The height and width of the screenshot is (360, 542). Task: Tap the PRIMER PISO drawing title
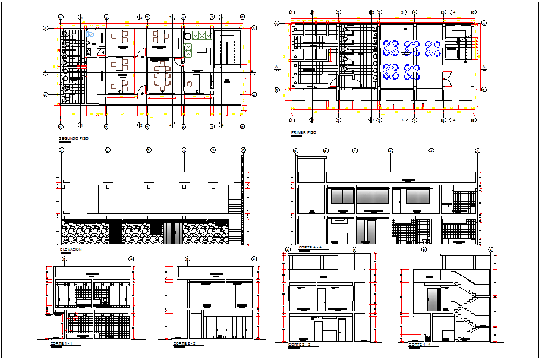click(302, 132)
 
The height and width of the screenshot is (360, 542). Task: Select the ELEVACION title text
click(71, 250)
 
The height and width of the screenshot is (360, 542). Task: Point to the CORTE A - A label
click(310, 247)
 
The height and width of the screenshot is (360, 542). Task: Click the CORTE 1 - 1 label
click(59, 343)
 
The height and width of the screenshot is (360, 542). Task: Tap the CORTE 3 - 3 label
click(300, 345)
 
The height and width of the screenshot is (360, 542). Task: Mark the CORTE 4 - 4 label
click(420, 345)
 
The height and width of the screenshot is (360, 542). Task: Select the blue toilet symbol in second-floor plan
click(90, 36)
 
